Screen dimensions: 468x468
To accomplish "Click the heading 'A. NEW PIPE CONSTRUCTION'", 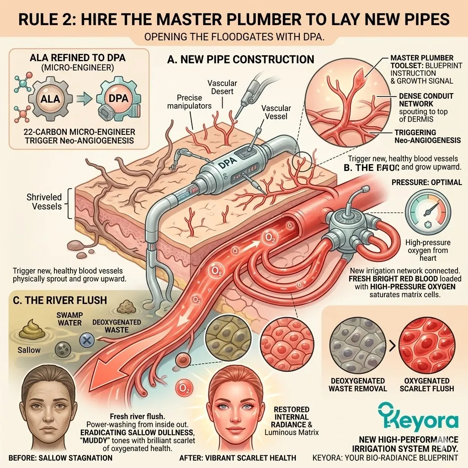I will click(x=241, y=59).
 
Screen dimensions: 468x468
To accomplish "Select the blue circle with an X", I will click(x=86, y=339).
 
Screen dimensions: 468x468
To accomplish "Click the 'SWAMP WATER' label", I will click(x=69, y=319).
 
